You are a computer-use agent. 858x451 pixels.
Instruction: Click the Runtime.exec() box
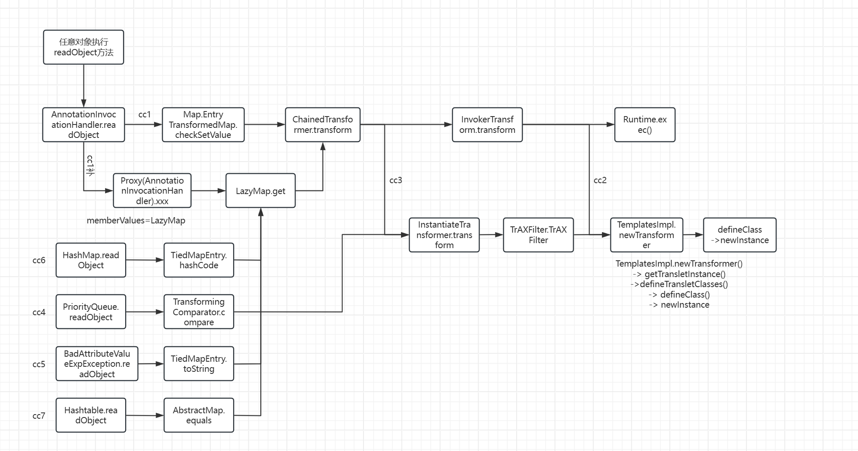click(645, 124)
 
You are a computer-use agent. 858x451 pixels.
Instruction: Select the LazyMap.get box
click(260, 191)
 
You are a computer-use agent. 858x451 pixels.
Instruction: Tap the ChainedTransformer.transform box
click(322, 124)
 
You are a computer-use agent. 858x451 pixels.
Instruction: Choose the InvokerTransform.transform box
click(487, 124)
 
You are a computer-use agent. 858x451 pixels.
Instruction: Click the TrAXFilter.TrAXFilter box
click(538, 235)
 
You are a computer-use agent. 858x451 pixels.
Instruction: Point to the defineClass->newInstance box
click(740, 235)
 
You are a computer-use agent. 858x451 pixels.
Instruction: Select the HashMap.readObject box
click(91, 260)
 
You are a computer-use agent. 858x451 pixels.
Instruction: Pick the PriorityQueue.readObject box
click(91, 312)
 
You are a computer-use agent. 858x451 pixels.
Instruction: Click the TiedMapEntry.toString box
click(199, 363)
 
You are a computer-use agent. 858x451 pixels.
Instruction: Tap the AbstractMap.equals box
click(199, 415)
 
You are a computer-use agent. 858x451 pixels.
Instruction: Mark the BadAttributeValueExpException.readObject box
click(97, 363)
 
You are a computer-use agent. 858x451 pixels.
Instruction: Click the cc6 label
click(39, 260)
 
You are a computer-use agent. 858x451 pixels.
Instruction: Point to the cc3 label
click(396, 180)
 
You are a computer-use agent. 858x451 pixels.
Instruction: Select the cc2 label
click(600, 180)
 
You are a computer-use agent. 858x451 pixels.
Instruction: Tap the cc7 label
click(39, 416)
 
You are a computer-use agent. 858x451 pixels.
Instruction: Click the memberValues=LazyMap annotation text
click(136, 220)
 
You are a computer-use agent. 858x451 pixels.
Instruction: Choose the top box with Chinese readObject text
click(84, 47)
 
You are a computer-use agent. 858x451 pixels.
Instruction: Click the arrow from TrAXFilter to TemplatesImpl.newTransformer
click(592, 235)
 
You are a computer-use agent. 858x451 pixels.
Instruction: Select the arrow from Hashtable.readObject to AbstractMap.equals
click(145, 415)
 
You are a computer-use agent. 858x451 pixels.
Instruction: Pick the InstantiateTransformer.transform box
click(444, 235)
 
